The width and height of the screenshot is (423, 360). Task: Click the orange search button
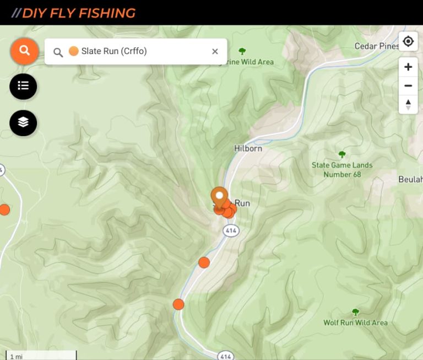point(24,51)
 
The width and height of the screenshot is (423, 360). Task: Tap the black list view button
point(23,86)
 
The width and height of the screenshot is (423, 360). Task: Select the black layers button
point(23,123)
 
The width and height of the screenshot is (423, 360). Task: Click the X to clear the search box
point(215,51)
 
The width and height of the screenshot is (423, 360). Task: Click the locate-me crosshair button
point(408,41)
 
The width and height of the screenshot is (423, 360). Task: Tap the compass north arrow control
point(408,104)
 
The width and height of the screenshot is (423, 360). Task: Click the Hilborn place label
point(248,148)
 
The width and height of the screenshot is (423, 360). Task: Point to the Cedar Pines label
point(377,46)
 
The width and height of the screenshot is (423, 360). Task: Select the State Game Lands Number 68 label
point(342,170)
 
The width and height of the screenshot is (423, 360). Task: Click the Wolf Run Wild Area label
point(355,323)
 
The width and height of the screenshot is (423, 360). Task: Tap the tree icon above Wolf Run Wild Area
point(355,312)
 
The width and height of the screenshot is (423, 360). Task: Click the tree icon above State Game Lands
point(342,154)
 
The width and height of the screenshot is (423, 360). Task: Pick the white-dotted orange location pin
point(219,196)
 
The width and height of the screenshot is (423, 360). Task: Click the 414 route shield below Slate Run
point(231,231)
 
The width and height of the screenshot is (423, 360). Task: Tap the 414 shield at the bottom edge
point(225,355)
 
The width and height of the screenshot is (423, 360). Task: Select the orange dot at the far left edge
point(4,209)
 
